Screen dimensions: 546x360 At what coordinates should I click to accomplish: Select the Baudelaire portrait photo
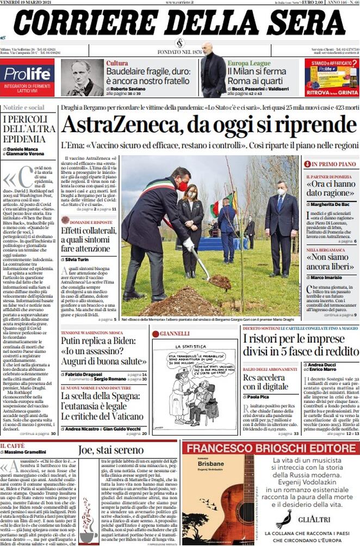coord(82,78)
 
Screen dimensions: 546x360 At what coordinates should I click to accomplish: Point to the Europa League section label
coord(249,63)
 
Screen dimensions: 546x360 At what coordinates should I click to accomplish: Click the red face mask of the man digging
coord(183,187)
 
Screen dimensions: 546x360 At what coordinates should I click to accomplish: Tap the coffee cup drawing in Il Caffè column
coord(88,522)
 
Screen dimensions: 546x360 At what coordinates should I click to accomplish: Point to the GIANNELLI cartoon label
coord(174,333)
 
